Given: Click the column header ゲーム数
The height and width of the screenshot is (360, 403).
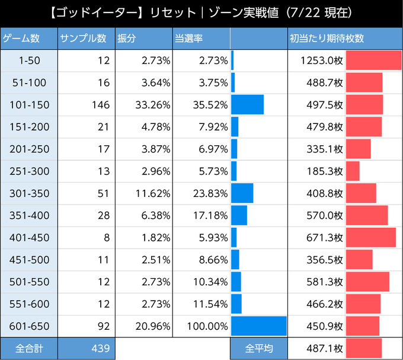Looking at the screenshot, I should [x=22, y=39].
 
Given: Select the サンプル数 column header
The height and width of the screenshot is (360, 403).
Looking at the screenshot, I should [x=83, y=39].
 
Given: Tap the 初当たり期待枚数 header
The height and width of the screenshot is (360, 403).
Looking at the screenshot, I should [x=327, y=39].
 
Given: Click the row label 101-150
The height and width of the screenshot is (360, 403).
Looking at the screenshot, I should [x=28, y=105].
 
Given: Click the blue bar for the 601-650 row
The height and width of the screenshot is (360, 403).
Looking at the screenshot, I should [x=258, y=326].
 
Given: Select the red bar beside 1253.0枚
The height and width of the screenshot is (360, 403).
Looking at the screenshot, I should [x=373, y=60].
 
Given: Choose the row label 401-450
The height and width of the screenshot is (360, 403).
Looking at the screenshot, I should [x=28, y=237].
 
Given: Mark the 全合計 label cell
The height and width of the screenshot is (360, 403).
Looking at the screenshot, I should [x=28, y=348].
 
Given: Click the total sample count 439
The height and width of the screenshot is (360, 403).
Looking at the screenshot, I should [x=101, y=348].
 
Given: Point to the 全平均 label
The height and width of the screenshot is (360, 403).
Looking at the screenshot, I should [x=258, y=348].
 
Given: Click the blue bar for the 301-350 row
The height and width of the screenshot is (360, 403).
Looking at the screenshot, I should [x=242, y=193].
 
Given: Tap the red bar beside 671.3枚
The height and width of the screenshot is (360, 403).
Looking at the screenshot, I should [x=370, y=237].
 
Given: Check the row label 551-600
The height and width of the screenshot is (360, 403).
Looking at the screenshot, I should [x=28, y=304].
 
